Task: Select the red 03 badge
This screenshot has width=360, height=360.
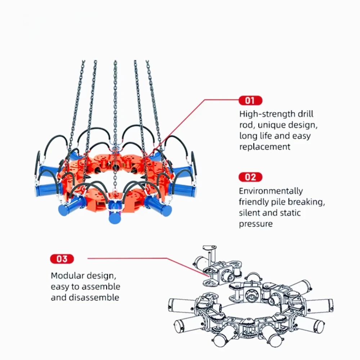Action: pyautogui.click(x=62, y=259)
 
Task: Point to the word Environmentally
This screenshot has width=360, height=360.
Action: pyautogui.click(x=271, y=191)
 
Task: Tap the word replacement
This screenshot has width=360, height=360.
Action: pyautogui.click(x=265, y=147)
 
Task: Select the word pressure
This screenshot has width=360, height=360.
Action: pyautogui.click(x=256, y=224)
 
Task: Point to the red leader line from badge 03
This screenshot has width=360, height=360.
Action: pyautogui.click(x=144, y=258)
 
